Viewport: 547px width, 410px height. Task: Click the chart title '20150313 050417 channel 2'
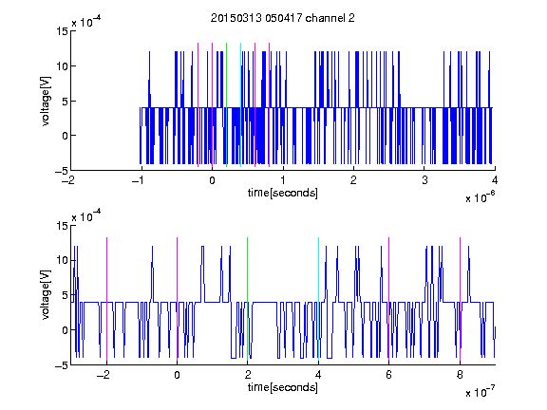(x=283, y=18)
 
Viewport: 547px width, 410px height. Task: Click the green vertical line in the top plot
(x=226, y=104)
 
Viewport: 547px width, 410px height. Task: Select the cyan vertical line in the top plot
(x=240, y=104)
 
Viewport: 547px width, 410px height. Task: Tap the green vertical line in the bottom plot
(x=247, y=299)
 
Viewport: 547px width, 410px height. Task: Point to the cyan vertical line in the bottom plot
(x=318, y=299)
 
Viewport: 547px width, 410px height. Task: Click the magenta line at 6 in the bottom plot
(x=389, y=299)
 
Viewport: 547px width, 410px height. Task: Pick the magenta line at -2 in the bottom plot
(x=106, y=299)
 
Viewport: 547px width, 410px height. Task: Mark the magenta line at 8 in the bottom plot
(x=461, y=299)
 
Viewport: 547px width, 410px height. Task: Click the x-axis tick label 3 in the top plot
(x=424, y=180)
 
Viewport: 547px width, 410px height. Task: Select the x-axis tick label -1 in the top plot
(x=139, y=180)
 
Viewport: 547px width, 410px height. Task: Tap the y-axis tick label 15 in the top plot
(x=63, y=31)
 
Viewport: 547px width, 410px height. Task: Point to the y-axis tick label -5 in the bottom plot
(x=62, y=365)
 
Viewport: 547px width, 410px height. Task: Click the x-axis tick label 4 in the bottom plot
(x=318, y=375)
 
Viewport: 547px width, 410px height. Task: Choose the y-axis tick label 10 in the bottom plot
(x=63, y=260)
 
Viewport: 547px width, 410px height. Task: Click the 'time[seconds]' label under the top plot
(x=283, y=193)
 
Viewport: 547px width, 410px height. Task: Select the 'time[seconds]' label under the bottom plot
(x=283, y=387)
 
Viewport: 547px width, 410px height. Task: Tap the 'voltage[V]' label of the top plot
(x=46, y=102)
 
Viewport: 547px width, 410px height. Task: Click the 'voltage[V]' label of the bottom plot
(x=46, y=295)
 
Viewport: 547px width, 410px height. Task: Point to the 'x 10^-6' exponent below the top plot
(x=480, y=196)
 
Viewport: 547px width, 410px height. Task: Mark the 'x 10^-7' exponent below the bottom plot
(x=480, y=391)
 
